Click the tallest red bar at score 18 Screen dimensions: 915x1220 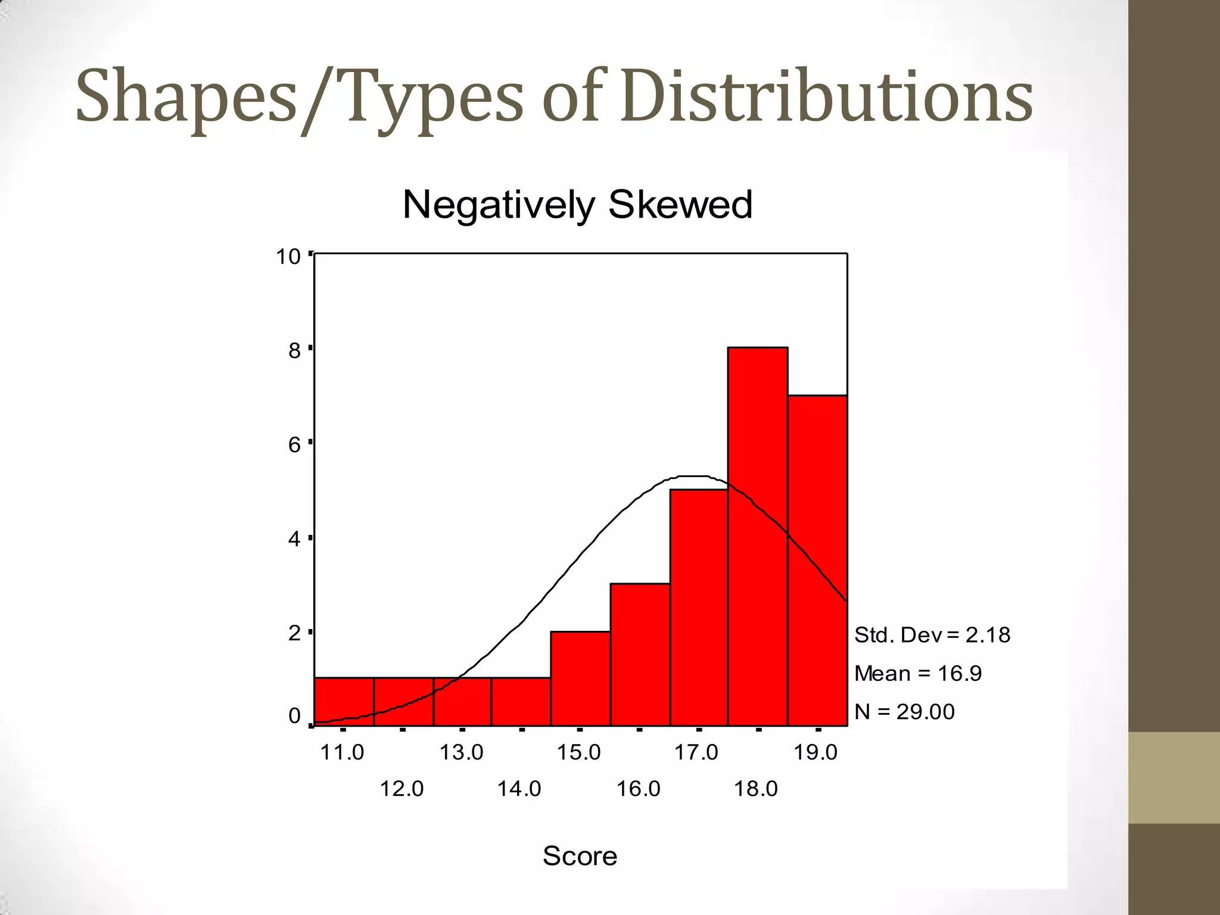(758, 536)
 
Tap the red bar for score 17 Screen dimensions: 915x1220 (699, 608)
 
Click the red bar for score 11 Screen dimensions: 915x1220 (344, 701)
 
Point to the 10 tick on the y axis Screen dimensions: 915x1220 (288, 257)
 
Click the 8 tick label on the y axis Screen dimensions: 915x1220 (294, 351)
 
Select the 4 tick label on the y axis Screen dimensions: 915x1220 (294, 539)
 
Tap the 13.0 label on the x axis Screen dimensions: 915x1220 (461, 752)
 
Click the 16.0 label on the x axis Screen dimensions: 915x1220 (638, 789)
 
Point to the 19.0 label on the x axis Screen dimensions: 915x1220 (816, 752)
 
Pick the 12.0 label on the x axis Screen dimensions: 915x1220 (402, 789)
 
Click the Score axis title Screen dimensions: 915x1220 (580, 856)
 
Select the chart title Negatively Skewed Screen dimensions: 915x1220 (577, 204)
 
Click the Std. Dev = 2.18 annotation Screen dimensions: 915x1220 (932, 635)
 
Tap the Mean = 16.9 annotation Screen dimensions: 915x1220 (917, 673)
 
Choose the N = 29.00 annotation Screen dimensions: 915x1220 (904, 711)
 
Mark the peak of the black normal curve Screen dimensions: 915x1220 (691, 476)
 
